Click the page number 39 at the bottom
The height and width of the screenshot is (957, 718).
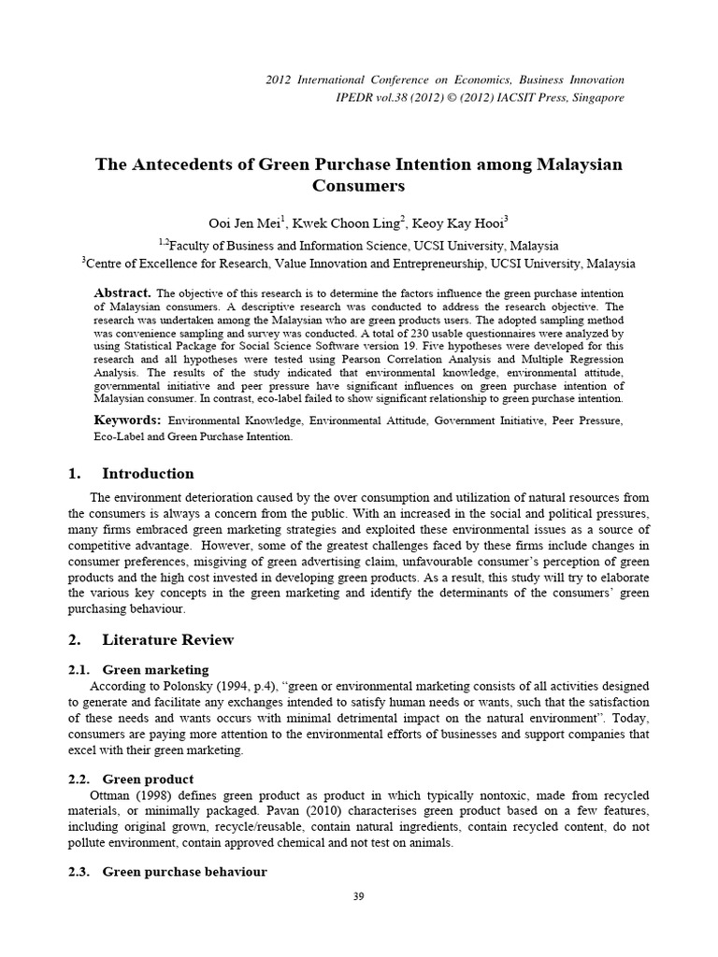pyautogui.click(x=359, y=897)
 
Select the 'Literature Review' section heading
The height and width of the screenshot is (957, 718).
pyautogui.click(x=167, y=639)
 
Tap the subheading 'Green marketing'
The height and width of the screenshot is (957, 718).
pyautogui.click(x=155, y=669)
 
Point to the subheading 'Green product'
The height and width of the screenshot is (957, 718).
pyautogui.click(x=148, y=778)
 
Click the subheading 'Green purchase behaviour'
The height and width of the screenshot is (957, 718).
pyautogui.click(x=184, y=871)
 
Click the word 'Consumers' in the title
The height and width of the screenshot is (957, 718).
pyautogui.click(x=358, y=185)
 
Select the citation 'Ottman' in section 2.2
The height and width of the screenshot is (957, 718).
pyautogui.click(x=108, y=794)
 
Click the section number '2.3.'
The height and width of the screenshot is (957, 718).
pyautogui.click(x=81, y=871)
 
